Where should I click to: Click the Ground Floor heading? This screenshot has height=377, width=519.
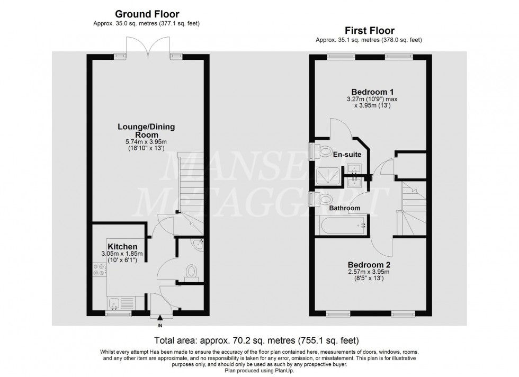[x=147, y=14]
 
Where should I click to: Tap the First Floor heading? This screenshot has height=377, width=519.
[x=370, y=31]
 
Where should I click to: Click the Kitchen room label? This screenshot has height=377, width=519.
[x=122, y=247]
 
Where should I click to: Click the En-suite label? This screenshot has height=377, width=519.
[x=347, y=155]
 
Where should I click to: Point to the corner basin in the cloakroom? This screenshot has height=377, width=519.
[x=199, y=244]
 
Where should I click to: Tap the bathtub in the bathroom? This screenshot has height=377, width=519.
[x=342, y=226]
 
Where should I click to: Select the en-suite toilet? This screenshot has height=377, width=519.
[x=324, y=150]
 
